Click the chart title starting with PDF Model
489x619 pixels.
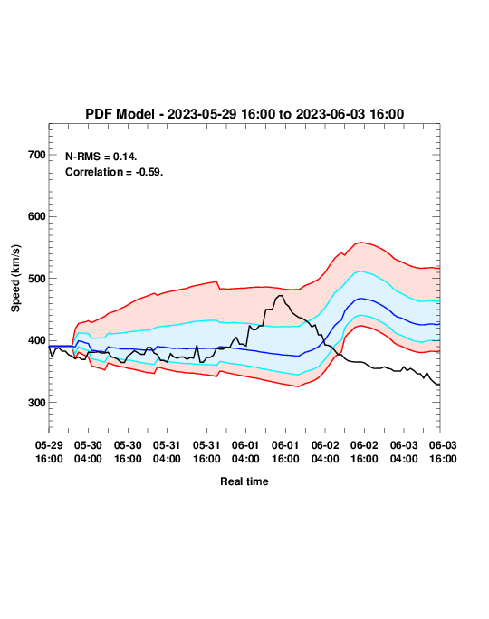(244, 114)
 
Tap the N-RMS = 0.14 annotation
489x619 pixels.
(101, 157)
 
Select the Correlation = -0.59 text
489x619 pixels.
(114, 172)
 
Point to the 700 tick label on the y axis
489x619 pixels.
(37, 155)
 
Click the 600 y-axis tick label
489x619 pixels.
(37, 216)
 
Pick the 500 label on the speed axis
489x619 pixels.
(37, 279)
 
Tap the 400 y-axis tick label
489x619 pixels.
(37, 340)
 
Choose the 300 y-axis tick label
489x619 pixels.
(37, 403)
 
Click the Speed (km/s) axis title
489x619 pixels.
(15, 279)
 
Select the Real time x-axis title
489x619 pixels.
(244, 481)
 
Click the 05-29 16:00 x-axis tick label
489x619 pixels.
(49, 452)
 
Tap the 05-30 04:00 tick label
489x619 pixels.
(88, 452)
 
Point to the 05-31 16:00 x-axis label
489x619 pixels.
(206, 452)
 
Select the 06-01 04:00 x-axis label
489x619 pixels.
(245, 452)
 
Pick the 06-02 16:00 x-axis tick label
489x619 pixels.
(364, 452)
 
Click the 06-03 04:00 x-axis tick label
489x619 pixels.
(404, 452)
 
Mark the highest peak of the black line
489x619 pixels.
(281, 295)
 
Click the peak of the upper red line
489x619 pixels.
(361, 243)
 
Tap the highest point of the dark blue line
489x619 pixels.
(360, 299)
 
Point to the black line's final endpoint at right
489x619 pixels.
(439, 385)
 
